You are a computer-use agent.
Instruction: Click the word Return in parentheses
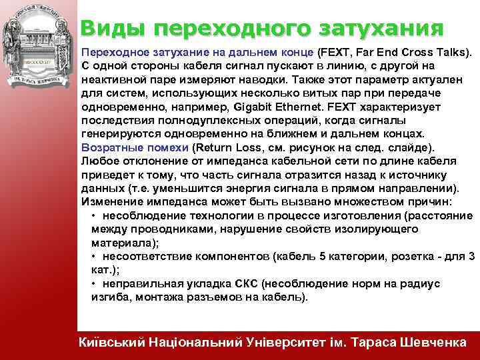(x=215, y=147)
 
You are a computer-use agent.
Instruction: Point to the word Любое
(x=99, y=161)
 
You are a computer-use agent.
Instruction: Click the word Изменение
(x=109, y=201)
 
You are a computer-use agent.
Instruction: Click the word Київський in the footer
(x=111, y=343)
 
